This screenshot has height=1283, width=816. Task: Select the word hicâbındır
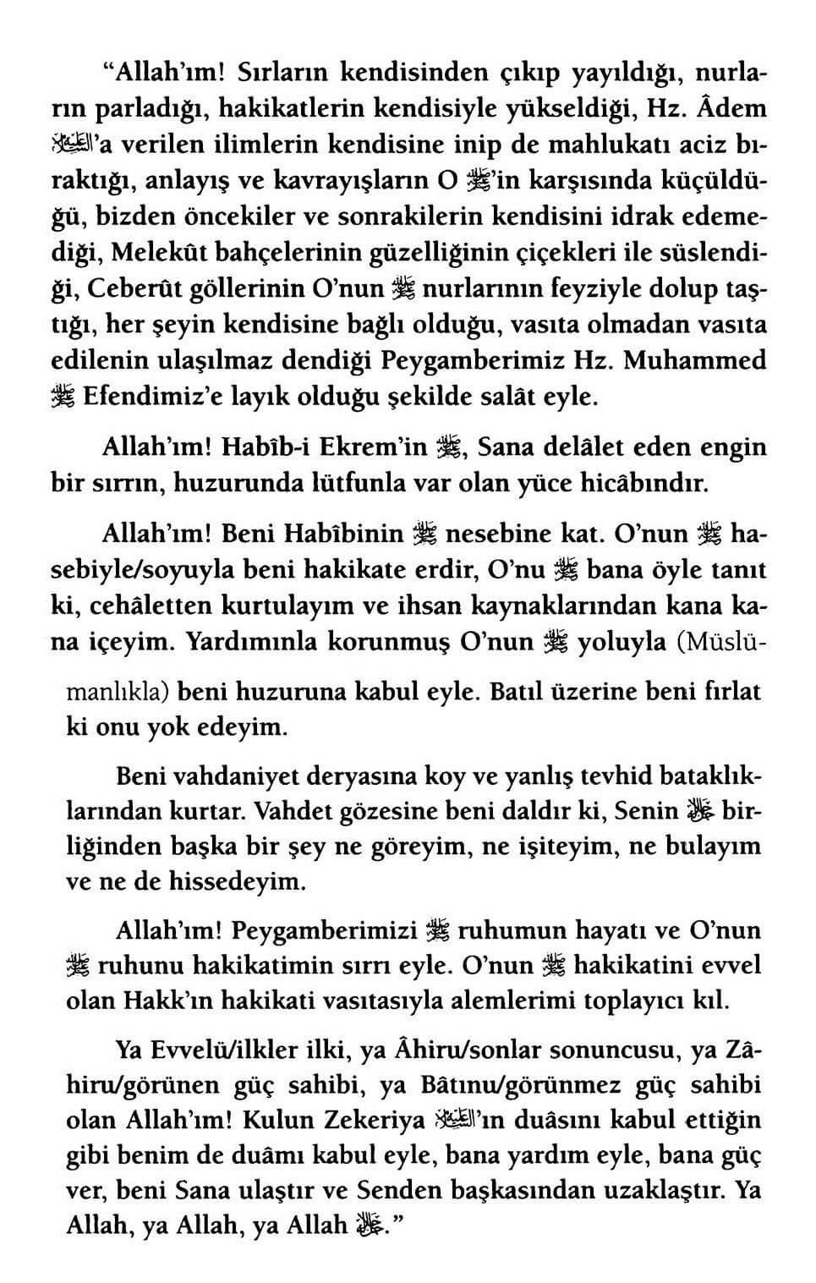click(642, 485)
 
